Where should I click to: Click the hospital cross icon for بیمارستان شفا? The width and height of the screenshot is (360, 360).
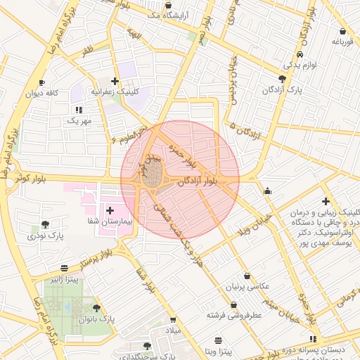(110, 210)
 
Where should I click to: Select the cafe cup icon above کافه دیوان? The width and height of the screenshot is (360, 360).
(41, 82)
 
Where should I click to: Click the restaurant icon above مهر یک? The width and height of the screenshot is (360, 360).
(79, 110)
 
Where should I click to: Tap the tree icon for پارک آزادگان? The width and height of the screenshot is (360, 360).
(282, 79)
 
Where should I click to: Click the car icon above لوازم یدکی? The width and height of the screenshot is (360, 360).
(300, 54)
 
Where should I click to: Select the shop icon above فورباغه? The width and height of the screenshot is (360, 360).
(342, 32)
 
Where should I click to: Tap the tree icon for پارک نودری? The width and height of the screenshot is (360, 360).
(46, 224)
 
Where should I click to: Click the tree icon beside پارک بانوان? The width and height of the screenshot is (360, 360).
(96, 308)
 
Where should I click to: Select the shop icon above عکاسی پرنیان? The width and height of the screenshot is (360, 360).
(247, 276)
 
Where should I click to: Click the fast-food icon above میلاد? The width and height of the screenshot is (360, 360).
(174, 319)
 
